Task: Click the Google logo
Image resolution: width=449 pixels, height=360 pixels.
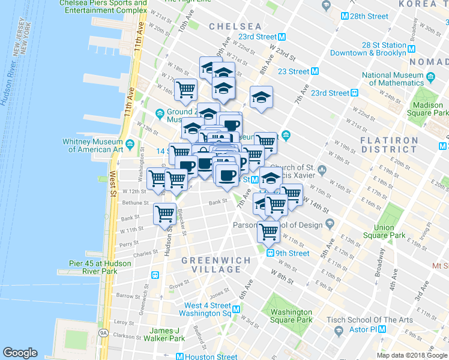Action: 20,353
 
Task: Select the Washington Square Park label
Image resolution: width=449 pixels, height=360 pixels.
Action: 291,316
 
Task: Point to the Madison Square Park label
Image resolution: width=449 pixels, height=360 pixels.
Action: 428,109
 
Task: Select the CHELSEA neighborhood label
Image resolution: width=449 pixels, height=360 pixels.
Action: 235,27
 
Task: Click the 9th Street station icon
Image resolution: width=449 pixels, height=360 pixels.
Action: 271,253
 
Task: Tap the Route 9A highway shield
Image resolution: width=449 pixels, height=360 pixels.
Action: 103,332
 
